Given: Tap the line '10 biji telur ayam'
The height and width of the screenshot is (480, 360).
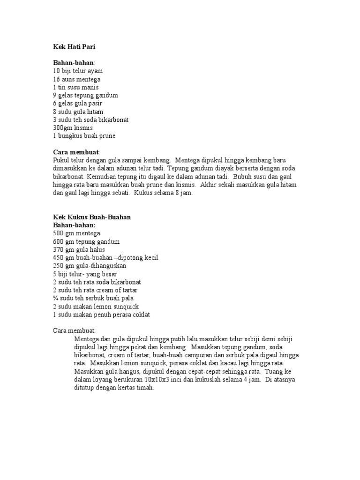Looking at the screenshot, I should (x=77, y=71).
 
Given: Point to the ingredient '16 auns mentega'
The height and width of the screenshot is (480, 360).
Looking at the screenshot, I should (x=77, y=79).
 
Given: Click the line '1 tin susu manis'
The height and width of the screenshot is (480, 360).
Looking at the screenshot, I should (x=75, y=87).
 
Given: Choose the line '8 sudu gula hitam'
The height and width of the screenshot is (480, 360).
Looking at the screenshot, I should (x=78, y=112).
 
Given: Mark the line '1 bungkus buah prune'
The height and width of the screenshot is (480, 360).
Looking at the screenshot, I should (x=84, y=136).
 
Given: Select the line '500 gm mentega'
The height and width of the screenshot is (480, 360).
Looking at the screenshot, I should (x=76, y=233).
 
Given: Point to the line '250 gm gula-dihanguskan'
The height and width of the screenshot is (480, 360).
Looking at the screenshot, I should (x=90, y=266).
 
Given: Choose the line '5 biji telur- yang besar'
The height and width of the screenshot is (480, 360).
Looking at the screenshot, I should (x=85, y=274).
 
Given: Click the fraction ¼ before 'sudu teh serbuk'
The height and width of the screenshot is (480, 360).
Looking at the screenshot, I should (x=56, y=298).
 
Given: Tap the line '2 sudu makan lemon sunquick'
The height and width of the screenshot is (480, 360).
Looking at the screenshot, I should (x=96, y=306).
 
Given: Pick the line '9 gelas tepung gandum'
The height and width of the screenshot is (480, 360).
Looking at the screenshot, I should (x=85, y=95).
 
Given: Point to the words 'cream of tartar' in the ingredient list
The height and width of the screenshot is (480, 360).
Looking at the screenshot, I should (x=120, y=290).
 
